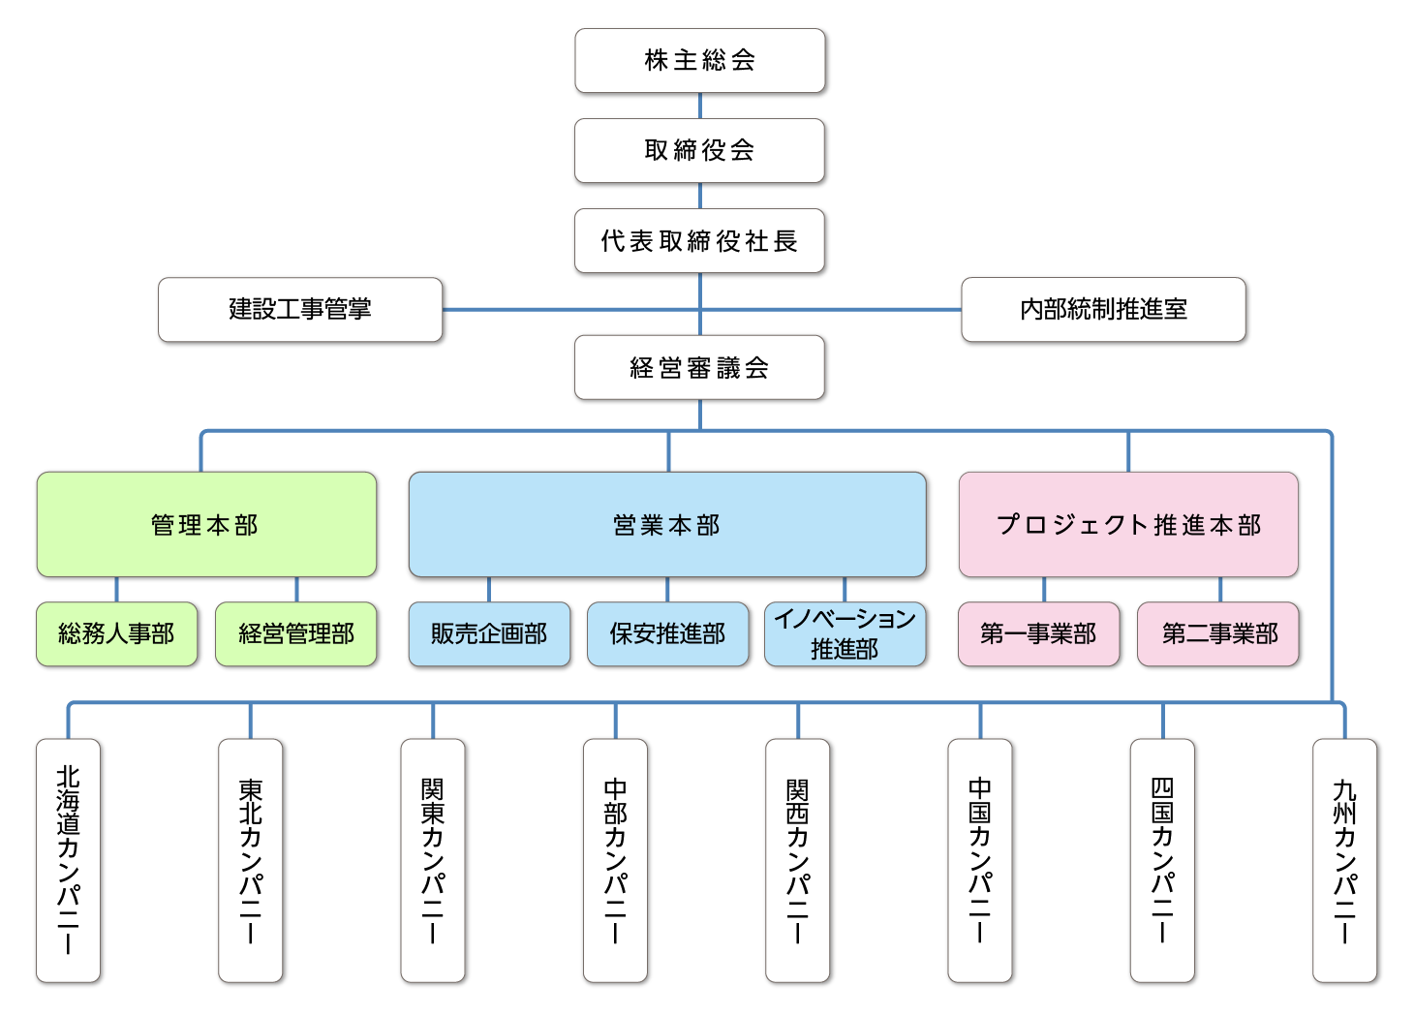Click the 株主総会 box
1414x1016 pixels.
(x=700, y=60)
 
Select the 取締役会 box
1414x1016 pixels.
(x=700, y=150)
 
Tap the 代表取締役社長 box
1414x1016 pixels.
(x=700, y=240)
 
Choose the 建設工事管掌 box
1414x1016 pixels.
(x=300, y=309)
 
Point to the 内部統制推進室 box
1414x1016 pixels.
(x=1103, y=309)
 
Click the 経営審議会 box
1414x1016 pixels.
(x=700, y=367)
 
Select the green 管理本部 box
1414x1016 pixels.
(x=205, y=524)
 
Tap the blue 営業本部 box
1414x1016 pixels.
(x=667, y=524)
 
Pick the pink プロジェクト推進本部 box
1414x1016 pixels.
(x=1128, y=524)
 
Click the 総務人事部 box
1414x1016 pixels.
(x=117, y=633)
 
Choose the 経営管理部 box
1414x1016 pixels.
(x=296, y=633)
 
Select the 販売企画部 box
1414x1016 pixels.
(x=489, y=633)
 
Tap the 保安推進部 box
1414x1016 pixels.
(x=667, y=633)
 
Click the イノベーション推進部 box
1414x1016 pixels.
(x=845, y=633)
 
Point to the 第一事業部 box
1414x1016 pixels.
(x=1038, y=633)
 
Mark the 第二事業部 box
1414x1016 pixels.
(x=1219, y=633)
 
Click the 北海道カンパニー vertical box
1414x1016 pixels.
(x=69, y=860)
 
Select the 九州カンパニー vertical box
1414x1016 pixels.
(x=1345, y=860)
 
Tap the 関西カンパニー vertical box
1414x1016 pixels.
(x=798, y=860)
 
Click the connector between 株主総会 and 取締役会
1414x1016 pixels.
(x=700, y=107)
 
